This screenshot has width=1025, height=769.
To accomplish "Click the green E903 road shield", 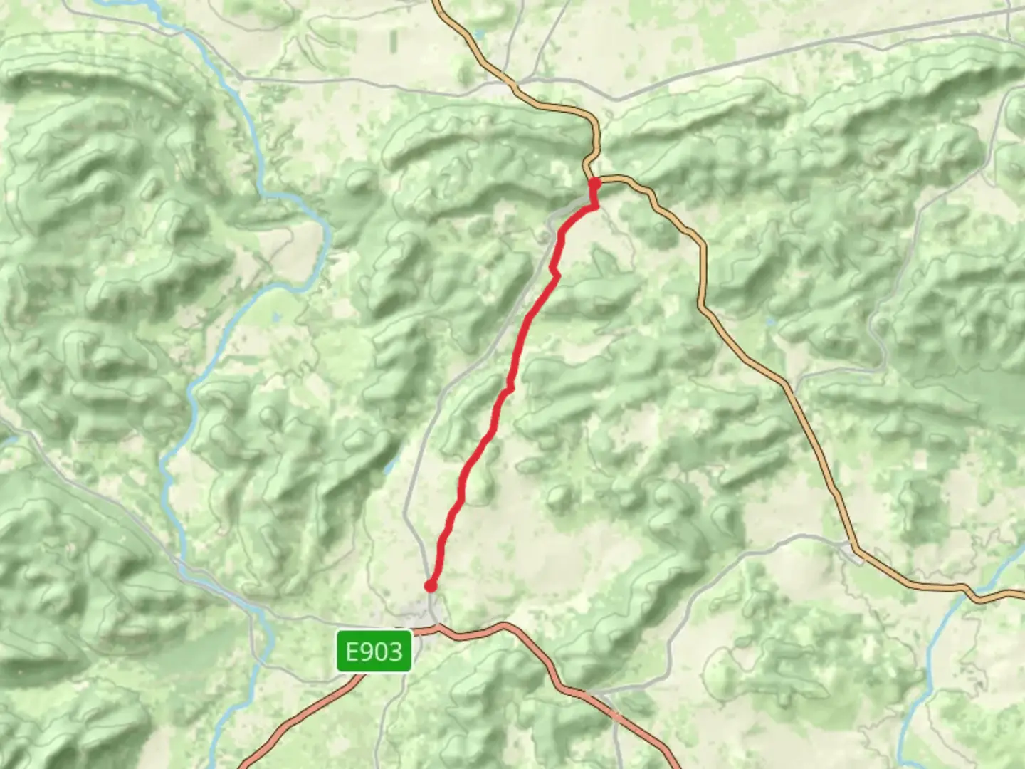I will coord(374,651).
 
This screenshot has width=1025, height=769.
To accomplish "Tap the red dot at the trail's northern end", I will coord(594,184).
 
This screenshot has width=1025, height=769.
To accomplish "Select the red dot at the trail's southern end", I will coord(430,586).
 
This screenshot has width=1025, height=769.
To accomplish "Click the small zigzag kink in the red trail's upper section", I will coord(554,271).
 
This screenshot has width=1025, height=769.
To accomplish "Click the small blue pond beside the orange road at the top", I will coord(478,34).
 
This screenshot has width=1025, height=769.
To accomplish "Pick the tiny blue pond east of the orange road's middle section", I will coord(770,322).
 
